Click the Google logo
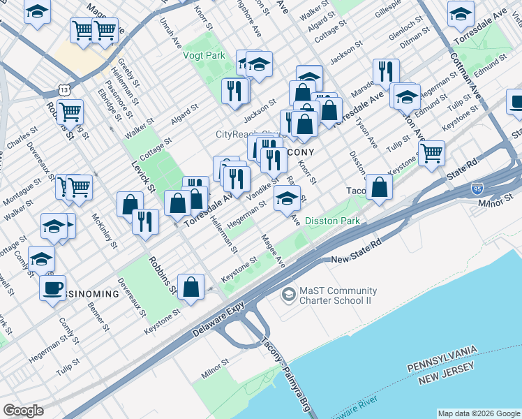23,411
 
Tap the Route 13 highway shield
64,91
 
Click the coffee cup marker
52,288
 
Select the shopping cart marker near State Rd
432,151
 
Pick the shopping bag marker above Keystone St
191,286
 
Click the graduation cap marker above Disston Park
286,198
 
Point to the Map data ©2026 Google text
478,413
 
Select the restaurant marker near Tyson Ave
385,71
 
